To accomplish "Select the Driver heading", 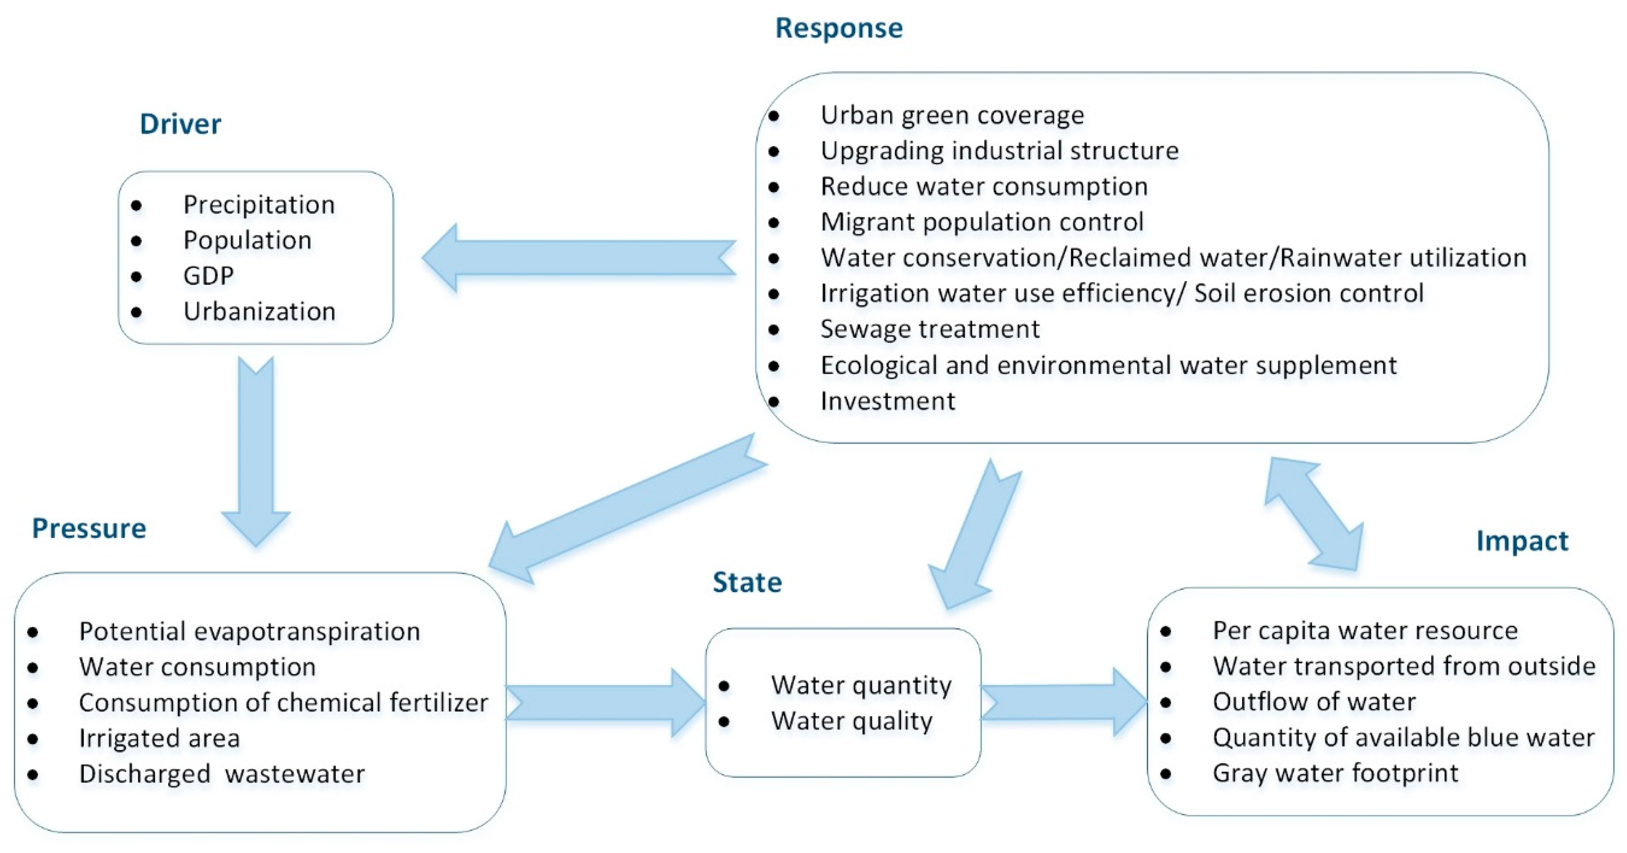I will click(x=180, y=124).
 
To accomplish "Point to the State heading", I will click(x=747, y=582).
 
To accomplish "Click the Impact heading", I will click(x=1522, y=541).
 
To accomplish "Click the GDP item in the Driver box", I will click(x=208, y=276).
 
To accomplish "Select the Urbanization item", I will click(x=259, y=311).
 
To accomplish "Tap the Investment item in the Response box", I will click(x=887, y=401).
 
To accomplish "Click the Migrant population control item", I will click(x=981, y=222).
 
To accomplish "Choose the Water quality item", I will click(x=851, y=721).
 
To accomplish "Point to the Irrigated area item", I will click(x=159, y=738).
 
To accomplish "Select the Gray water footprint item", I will click(x=1335, y=773).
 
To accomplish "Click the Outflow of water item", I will click(x=1314, y=702).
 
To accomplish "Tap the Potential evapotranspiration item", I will click(x=249, y=631).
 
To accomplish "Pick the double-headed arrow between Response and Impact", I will click(x=1314, y=515).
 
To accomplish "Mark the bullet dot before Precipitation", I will click(x=136, y=205).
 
